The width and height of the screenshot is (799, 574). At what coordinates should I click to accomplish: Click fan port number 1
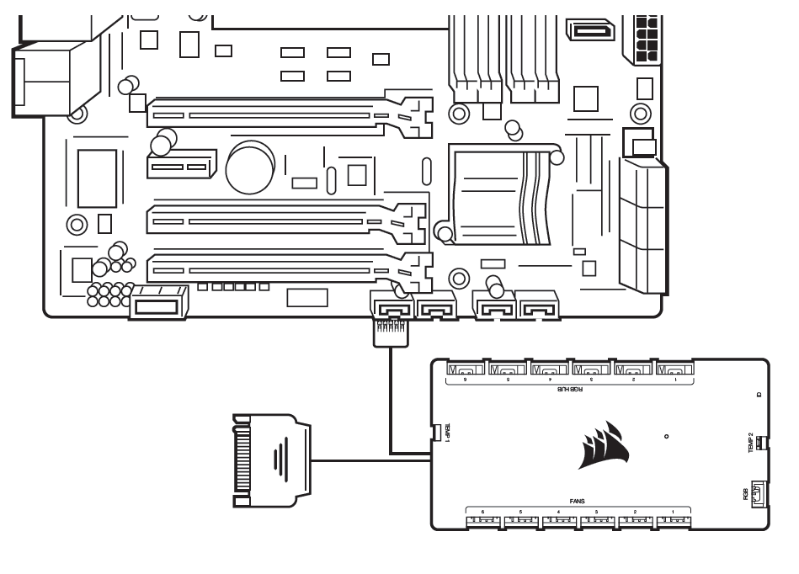(x=674, y=520)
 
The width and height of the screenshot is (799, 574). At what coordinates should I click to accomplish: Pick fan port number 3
(x=597, y=520)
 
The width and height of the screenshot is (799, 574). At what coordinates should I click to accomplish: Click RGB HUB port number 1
(x=673, y=369)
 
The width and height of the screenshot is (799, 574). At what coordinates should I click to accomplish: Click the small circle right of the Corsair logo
(x=666, y=437)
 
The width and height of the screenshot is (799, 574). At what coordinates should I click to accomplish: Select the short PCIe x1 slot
(x=180, y=167)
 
